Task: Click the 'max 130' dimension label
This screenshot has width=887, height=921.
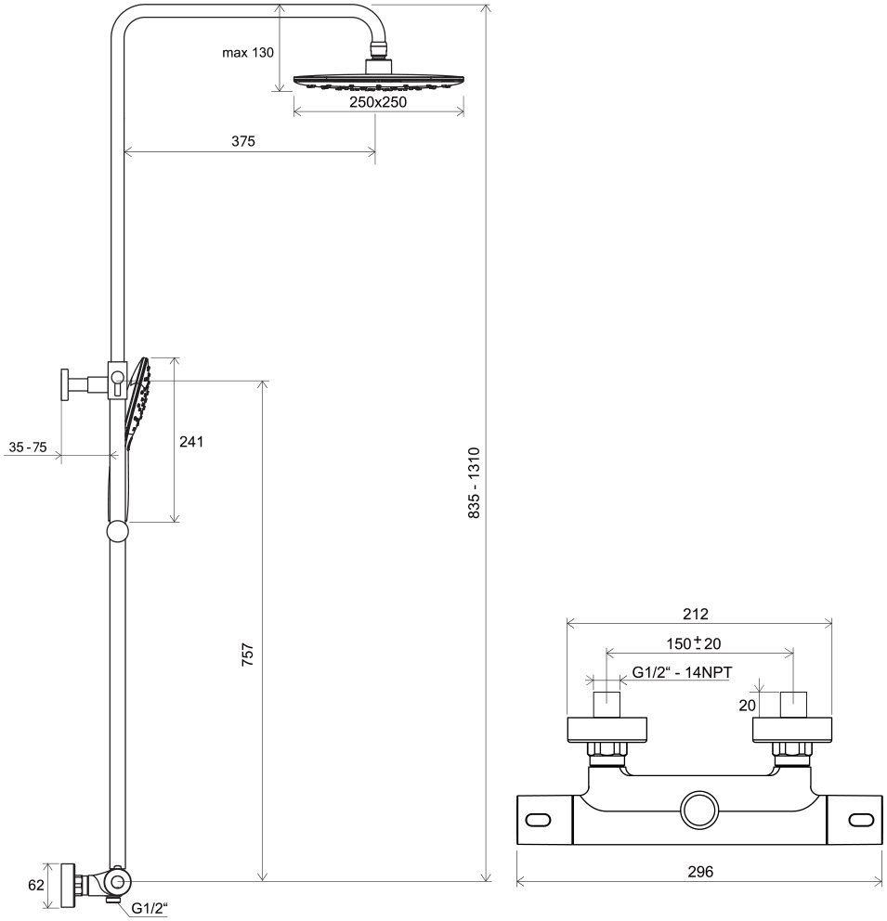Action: click(x=247, y=53)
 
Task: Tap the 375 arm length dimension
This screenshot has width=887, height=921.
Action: click(x=243, y=141)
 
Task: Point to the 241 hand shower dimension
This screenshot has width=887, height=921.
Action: click(x=191, y=441)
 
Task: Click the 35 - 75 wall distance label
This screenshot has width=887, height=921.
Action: click(x=27, y=448)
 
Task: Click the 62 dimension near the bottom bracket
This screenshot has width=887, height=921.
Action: click(x=35, y=885)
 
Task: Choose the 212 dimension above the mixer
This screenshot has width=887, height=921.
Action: click(x=696, y=613)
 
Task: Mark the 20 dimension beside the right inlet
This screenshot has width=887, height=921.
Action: click(x=747, y=706)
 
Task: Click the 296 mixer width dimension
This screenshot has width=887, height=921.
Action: click(x=701, y=871)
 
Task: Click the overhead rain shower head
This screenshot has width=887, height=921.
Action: click(x=379, y=82)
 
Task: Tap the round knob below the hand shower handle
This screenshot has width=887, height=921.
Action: click(x=118, y=531)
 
